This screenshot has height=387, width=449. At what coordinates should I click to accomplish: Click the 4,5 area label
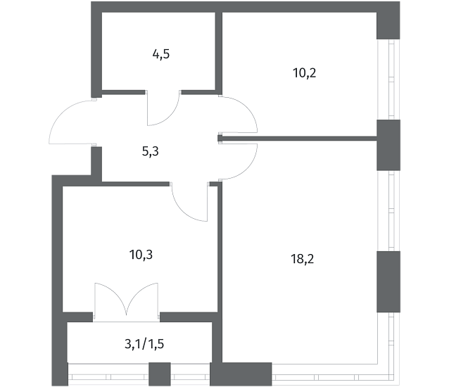[161, 54]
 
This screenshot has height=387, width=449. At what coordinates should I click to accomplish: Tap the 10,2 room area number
[305, 73]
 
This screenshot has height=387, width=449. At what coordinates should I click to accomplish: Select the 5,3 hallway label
[151, 151]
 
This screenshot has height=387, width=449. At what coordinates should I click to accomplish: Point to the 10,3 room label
[141, 255]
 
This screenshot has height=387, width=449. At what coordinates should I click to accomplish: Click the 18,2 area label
[303, 259]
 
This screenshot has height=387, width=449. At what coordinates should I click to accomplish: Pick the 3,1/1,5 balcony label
[144, 344]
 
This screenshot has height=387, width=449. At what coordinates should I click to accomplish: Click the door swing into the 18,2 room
[248, 169]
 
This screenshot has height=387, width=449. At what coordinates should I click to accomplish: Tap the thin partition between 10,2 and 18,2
[298, 139]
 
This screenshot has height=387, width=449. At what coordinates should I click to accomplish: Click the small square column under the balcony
[160, 374]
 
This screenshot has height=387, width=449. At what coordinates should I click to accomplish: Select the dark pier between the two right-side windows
[388, 145]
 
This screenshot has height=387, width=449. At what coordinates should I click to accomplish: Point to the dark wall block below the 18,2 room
[241, 374]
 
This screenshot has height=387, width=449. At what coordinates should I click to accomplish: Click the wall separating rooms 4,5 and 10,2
[219, 53]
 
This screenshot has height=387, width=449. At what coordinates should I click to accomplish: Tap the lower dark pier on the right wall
[388, 281]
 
